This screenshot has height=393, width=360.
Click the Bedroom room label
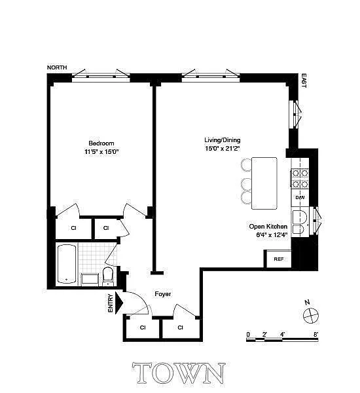pos(101,143)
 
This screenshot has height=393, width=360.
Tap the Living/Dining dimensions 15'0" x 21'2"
pos(223,149)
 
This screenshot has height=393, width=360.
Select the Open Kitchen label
pos(268,227)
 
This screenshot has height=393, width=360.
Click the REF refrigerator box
pos(278,259)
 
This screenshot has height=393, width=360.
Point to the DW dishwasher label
pos(300,198)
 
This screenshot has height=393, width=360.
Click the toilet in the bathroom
pos(108,276)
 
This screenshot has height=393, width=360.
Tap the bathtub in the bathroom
pos(67,264)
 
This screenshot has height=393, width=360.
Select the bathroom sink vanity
pos(90,279)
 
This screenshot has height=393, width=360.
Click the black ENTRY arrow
pos(119,303)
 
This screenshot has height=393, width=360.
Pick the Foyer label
pos(162,293)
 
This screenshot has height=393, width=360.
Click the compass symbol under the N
pos(311,315)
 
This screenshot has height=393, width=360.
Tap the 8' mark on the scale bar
pos(315,334)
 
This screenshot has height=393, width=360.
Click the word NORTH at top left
pos(57,67)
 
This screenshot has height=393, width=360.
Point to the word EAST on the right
pos(304,81)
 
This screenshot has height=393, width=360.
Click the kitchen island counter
pos(264,183)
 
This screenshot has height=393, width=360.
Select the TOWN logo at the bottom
pos(179,373)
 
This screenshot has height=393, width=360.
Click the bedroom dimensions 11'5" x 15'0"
pos(101,152)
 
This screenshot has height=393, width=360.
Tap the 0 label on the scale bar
pos(248,334)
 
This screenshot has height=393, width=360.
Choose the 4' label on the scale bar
pos(282,334)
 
